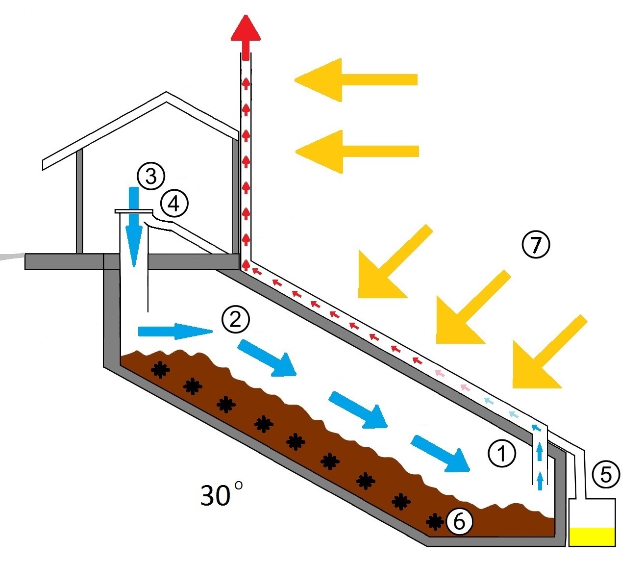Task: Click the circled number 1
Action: coord(501,453)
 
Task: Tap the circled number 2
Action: coord(236,320)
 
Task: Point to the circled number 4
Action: coord(174,204)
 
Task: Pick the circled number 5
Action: coord(606,475)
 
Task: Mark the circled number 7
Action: coord(536,244)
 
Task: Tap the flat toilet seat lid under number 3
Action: coord(133,211)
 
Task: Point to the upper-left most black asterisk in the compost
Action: coord(159,369)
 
